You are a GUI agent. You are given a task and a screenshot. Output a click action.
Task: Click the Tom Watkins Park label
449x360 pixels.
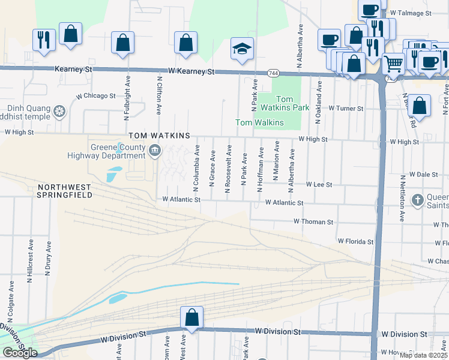tap(292, 103)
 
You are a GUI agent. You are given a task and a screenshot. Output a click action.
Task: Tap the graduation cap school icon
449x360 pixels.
tap(243, 49)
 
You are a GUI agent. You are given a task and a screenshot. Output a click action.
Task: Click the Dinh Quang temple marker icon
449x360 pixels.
tap(59, 111)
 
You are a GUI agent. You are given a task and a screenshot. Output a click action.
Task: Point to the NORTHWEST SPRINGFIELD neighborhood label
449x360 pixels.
tap(64, 191)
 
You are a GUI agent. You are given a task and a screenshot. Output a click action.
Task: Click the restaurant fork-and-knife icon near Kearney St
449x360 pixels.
tap(43, 39)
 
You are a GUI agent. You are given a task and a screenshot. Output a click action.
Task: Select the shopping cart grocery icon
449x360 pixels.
tap(393, 62)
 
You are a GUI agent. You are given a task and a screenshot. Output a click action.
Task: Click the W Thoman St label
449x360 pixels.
tap(313, 222)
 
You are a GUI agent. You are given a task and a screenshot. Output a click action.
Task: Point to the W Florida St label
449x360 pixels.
tap(355, 241)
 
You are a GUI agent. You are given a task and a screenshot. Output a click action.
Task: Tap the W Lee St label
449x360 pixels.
tap(319, 185)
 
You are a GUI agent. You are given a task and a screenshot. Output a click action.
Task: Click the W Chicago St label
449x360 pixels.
tap(95, 96)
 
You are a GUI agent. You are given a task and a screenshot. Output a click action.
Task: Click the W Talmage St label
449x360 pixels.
tap(411, 13)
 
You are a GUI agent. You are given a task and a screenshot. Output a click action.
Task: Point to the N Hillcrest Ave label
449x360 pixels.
tap(30, 260)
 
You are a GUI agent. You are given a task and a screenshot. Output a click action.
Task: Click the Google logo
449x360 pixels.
tap(19, 353)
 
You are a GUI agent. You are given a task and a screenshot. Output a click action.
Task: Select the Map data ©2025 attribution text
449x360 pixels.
tap(423, 355)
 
